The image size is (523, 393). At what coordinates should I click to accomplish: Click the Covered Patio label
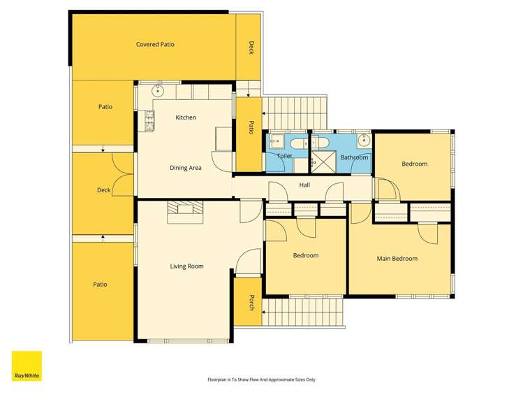155,45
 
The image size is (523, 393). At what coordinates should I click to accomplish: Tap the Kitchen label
186,117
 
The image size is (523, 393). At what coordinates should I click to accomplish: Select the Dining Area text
186,168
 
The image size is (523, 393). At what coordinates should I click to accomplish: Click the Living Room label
187,266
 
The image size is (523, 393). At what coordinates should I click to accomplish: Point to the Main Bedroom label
397,259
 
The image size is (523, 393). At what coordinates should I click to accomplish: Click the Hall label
304,185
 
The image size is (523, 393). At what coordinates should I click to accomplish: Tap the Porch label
252,303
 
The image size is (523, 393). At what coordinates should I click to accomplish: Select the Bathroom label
354,157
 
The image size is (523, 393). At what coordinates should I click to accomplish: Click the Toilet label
284,156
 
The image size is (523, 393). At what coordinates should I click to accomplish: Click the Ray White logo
27,366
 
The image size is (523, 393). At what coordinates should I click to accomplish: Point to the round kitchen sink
157,90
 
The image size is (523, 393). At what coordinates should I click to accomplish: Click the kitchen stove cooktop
149,120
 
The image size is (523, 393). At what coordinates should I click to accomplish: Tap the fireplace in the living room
185,212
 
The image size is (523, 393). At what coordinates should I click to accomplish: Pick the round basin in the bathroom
364,141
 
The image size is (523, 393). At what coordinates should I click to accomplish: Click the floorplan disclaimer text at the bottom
261,380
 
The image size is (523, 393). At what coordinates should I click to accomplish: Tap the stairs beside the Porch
302,312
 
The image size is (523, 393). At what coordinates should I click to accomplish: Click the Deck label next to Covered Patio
251,48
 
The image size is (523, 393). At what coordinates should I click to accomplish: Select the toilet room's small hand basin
277,141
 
